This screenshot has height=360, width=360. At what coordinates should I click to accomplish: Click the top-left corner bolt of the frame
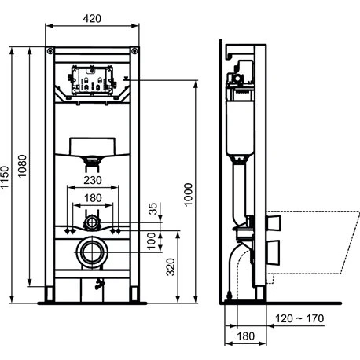[x=51, y=52]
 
